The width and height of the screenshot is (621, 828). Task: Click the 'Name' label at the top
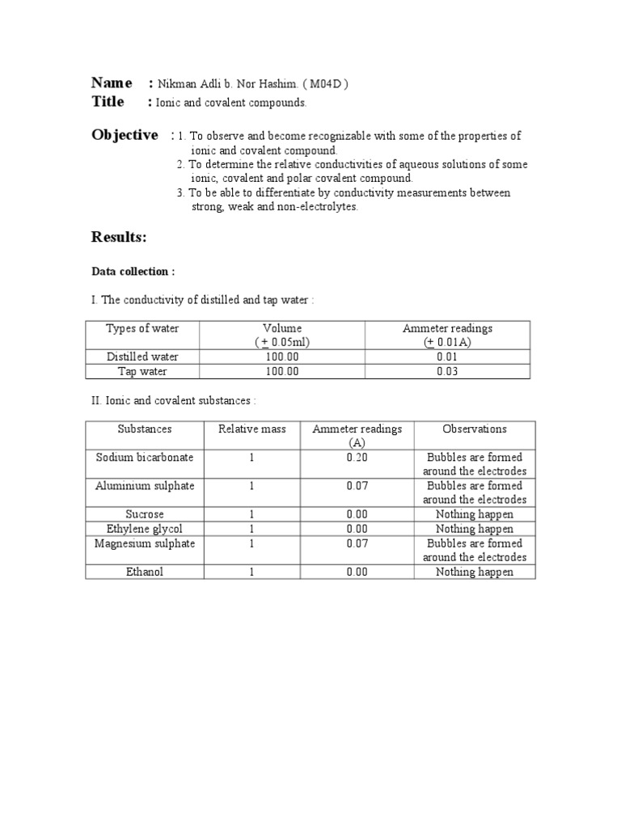pos(112,83)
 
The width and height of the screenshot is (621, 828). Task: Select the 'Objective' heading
pos(125,135)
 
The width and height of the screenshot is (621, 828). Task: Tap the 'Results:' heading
pos(119,237)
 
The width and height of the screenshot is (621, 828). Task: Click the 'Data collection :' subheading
pos(133,272)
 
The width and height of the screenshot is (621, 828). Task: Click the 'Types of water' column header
pos(142,328)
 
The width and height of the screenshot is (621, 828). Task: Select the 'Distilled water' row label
pos(142,357)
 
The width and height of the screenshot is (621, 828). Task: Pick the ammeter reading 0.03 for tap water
pos(447,371)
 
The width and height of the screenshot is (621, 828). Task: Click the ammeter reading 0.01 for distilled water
pos(447,357)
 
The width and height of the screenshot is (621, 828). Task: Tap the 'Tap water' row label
pos(142,371)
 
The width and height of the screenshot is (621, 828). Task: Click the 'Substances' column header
pos(145,429)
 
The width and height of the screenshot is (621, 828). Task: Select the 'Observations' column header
pos(475,429)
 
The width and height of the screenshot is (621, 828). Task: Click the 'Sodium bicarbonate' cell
pos(145,458)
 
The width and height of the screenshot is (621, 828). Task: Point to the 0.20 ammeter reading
pos(357,458)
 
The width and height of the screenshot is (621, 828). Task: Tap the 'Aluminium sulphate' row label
pos(145,486)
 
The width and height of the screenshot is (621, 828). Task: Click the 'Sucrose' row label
pos(145,514)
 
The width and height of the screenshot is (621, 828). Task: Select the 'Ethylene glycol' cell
pos(145,529)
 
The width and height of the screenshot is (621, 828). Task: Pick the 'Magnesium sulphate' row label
pos(145,543)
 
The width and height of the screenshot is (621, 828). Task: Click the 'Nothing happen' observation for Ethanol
pos(475,572)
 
